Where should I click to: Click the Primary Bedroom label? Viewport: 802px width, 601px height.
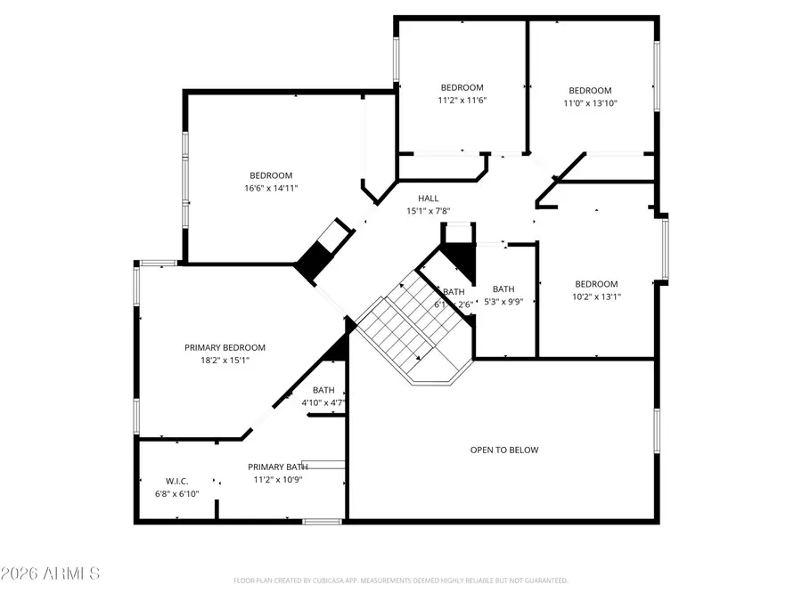[x=225, y=347]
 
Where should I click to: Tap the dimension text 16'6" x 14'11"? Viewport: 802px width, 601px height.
[x=271, y=188]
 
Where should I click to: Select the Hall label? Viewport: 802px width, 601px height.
[x=429, y=199]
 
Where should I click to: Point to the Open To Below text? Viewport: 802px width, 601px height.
[x=504, y=450]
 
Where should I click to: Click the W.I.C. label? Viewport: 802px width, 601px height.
[x=176, y=481]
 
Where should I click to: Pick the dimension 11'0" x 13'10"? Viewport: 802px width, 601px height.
[x=590, y=103]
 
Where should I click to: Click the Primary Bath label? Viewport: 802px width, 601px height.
[x=277, y=467]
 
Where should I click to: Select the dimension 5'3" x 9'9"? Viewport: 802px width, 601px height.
[x=504, y=301]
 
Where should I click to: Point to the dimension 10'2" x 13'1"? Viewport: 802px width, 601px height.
[x=596, y=297]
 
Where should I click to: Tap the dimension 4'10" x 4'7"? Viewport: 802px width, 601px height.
[x=323, y=402]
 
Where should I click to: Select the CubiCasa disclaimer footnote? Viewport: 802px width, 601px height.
[x=401, y=581]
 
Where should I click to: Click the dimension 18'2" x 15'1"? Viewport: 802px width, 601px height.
[x=225, y=361]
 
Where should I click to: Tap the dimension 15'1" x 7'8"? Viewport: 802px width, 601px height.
[x=429, y=211]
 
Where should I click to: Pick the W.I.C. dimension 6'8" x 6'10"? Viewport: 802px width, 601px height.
[x=176, y=493]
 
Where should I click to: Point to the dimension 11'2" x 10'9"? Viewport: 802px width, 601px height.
[x=277, y=479]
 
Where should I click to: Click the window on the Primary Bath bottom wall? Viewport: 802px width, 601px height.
[x=316, y=521]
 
